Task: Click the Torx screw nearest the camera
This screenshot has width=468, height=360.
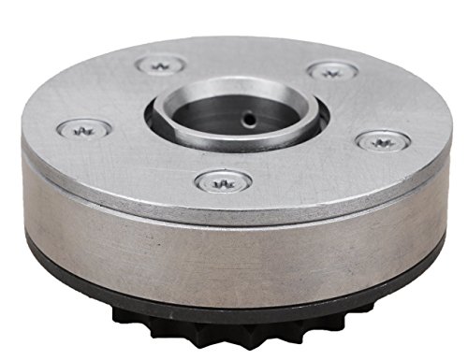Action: [x=223, y=180]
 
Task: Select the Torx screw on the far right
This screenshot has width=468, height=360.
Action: [x=383, y=140]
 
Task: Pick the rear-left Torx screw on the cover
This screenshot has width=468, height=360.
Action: [x=160, y=65]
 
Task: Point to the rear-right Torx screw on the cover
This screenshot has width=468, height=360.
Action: [x=329, y=70]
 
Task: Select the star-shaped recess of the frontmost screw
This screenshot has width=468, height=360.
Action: [x=223, y=180]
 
